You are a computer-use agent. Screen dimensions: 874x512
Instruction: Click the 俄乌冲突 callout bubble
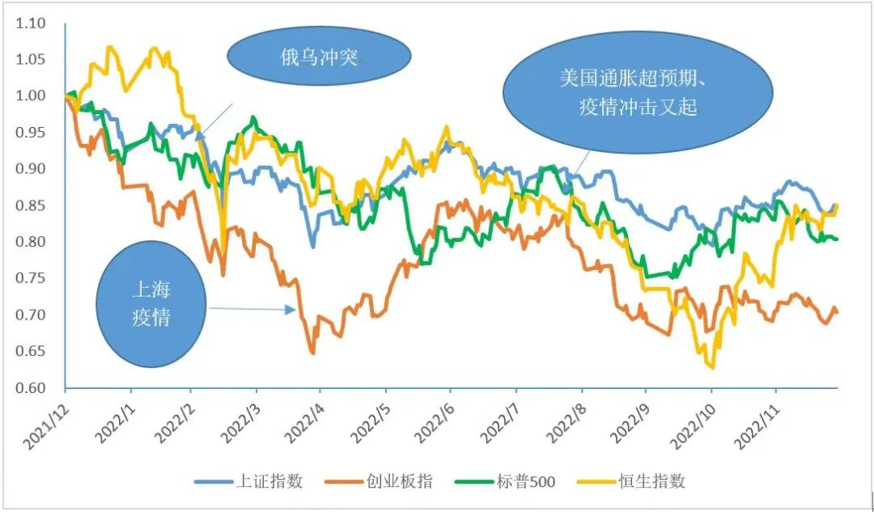[x=319, y=57]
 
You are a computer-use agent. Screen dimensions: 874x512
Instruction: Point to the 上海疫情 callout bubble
[x=151, y=303]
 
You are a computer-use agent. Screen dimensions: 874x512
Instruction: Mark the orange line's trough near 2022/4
[x=313, y=353]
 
